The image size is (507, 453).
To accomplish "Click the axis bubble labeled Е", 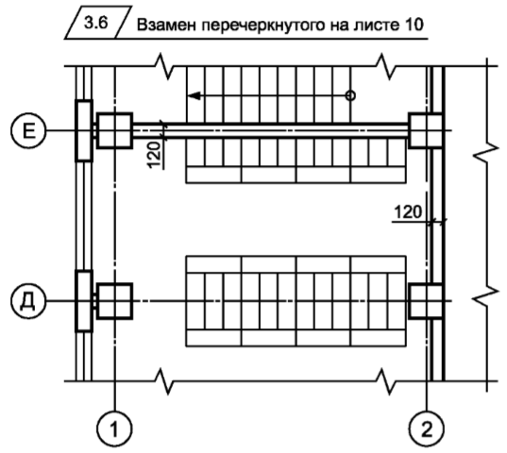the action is click(x=28, y=130).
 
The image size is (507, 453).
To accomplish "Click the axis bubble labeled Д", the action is click(x=28, y=301).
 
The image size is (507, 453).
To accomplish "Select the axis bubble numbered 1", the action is click(x=114, y=428).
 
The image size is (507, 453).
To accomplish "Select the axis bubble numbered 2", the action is click(x=427, y=428).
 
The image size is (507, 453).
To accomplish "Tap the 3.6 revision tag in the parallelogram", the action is click(x=96, y=23).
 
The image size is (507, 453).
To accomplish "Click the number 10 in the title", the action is click(x=414, y=25).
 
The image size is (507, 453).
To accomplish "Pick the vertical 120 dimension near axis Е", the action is click(x=155, y=155).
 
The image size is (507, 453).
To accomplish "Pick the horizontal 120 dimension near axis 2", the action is click(x=408, y=212).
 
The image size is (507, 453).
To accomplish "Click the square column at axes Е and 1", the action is click(x=115, y=130).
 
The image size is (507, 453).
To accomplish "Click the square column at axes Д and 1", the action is click(x=115, y=301).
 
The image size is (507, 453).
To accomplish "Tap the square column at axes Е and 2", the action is click(x=426, y=130).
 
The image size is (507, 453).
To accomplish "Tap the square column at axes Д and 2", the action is click(x=426, y=301).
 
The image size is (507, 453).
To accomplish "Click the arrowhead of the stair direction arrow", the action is click(x=194, y=96).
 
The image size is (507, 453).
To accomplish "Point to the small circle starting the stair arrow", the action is click(x=350, y=96).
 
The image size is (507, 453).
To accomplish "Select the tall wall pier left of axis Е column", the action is click(x=84, y=130).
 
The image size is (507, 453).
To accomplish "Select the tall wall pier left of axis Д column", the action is click(x=84, y=301).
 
